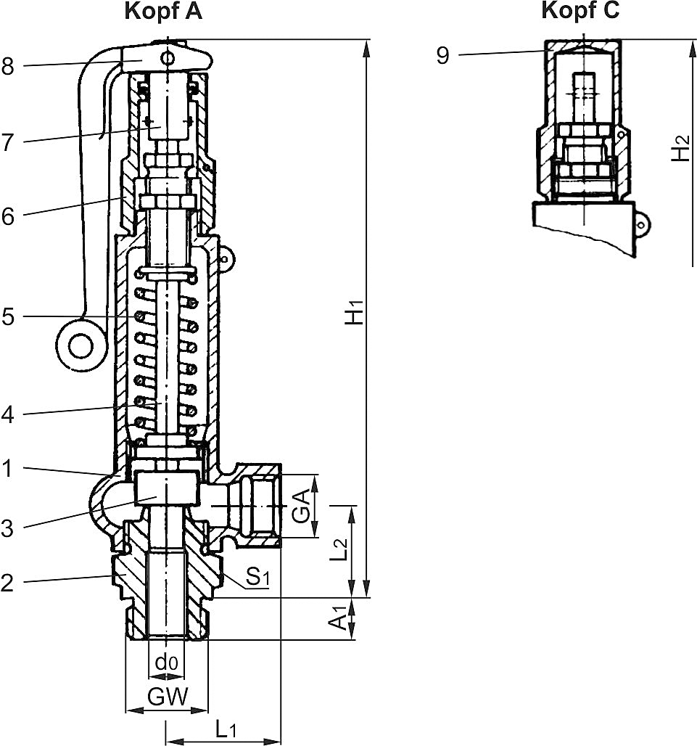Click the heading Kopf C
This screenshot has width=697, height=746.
click(580, 11)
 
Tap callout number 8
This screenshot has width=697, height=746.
click(8, 66)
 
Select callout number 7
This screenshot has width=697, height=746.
click(8, 142)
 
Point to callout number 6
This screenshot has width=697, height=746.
click(8, 216)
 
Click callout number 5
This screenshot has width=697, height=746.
click(8, 317)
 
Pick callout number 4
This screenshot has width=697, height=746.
click(8, 415)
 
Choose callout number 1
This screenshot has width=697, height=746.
click(8, 470)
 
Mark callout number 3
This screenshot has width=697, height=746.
click(8, 528)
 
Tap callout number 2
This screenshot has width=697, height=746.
click(8, 582)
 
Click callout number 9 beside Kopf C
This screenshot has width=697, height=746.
click(443, 56)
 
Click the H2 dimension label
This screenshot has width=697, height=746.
click(680, 149)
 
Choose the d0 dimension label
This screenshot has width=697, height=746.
click(166, 662)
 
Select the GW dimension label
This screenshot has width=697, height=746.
click(168, 697)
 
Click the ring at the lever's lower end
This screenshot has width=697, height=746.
click(79, 345)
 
